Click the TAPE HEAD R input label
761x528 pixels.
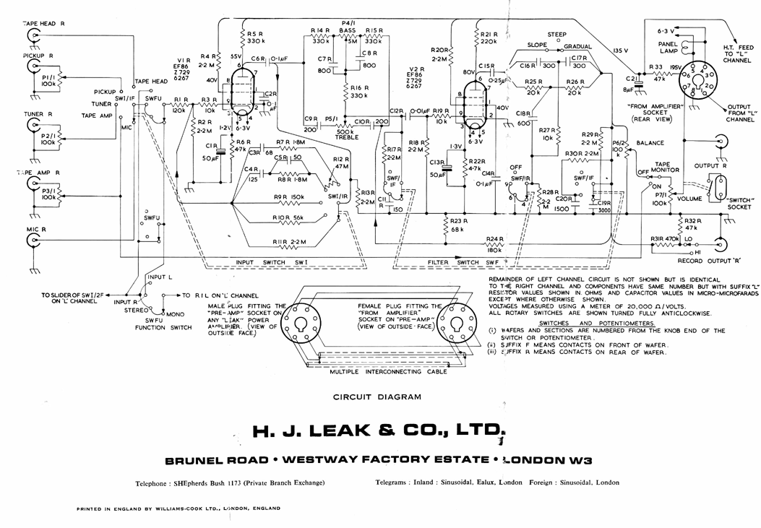tap(45, 23)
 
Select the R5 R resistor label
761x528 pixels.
tap(254, 34)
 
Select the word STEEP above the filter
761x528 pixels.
tap(556, 34)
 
